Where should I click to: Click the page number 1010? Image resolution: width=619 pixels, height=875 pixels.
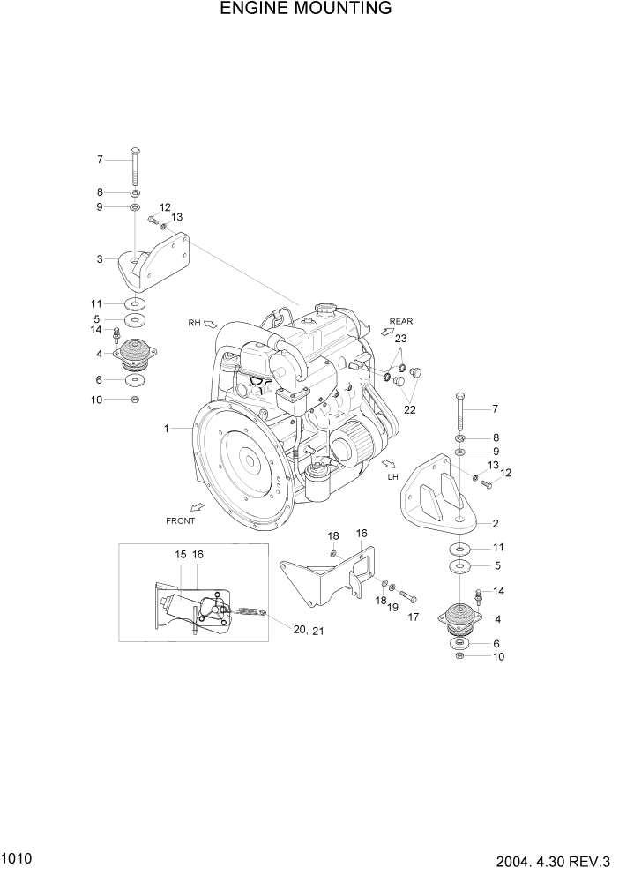coord(18,856)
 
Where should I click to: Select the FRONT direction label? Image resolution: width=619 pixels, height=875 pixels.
coord(180,520)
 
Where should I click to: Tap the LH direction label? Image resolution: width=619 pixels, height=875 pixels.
coord(393,477)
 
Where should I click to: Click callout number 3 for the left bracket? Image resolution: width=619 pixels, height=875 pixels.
coord(101,258)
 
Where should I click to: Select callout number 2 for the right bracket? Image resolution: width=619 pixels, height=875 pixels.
coord(496,523)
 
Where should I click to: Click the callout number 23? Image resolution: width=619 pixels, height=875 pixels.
coord(400,338)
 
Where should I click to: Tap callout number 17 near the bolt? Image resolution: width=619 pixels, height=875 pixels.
coord(411,617)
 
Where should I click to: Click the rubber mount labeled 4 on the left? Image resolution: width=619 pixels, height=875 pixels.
coord(134,355)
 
